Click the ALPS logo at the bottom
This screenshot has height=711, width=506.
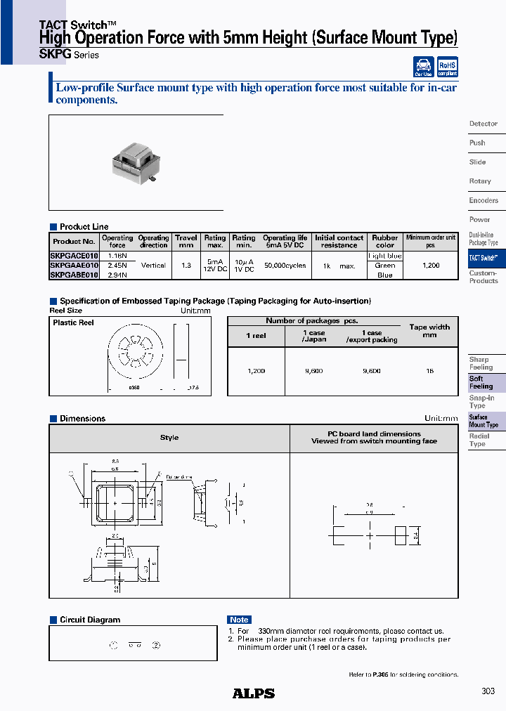[x=253, y=693]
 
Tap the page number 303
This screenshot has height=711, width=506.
[x=488, y=691]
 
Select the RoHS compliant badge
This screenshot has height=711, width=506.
[x=447, y=67]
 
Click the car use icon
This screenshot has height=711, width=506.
[x=422, y=67]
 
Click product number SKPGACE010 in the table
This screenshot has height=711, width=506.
[x=74, y=256]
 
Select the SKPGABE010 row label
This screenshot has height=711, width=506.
[x=74, y=275]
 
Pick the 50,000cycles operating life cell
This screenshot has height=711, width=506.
[x=285, y=266]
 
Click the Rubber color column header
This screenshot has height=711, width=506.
[x=385, y=241]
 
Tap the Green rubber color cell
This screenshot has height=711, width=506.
[x=385, y=266]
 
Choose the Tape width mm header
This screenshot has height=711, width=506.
[x=429, y=331]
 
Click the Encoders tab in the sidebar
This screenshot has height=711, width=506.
[x=484, y=200]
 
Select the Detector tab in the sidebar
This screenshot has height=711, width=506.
[x=484, y=124]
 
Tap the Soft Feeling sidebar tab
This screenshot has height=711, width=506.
[x=481, y=382]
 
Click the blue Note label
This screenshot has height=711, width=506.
[x=239, y=620]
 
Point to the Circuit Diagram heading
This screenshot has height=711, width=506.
[x=89, y=620]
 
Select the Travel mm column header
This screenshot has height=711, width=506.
[x=186, y=241]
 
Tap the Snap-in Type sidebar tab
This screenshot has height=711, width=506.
[x=481, y=402]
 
